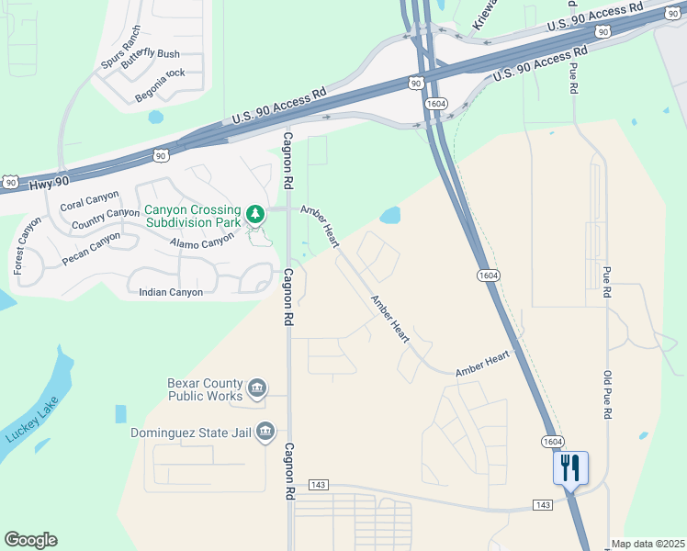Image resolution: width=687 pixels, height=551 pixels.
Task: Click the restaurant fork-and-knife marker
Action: [570, 468]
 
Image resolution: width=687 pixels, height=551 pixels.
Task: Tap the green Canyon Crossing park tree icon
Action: [255, 216]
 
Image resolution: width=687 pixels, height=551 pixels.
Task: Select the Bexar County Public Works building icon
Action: [258, 388]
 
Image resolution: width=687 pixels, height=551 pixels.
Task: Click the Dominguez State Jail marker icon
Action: [265, 431]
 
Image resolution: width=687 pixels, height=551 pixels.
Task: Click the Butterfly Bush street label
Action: [150, 54]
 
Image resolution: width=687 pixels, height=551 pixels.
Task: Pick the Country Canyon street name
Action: [106, 219]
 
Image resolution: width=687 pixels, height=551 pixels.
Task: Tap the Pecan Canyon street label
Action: [91, 249]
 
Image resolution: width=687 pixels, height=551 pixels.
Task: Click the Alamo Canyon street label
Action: [202, 242]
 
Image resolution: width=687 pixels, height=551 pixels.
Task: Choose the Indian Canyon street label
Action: [170, 292]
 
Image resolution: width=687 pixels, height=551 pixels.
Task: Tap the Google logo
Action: [31, 540]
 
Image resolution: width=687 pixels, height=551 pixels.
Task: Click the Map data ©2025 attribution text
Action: [647, 544]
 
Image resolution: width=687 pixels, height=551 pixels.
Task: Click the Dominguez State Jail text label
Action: [190, 432]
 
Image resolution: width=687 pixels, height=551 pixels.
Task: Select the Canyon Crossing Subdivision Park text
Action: [192, 216]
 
